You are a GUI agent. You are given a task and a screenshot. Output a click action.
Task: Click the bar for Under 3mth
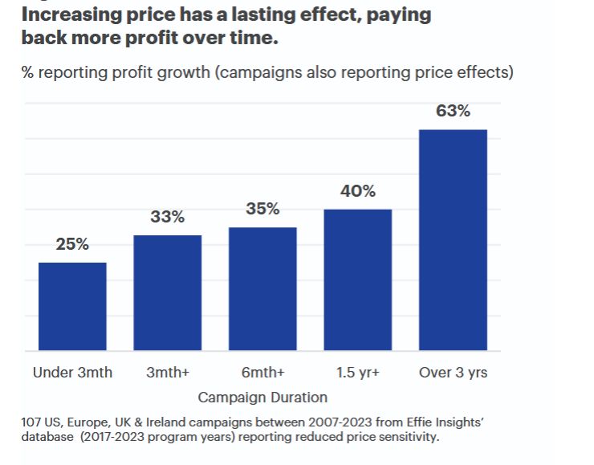[72, 306]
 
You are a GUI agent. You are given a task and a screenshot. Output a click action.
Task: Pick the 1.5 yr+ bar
[358, 279]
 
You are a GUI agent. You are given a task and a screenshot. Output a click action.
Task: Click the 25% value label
[72, 245]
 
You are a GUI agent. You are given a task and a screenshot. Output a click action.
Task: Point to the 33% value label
[167, 217]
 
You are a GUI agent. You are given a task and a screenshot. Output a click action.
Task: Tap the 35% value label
[262, 209]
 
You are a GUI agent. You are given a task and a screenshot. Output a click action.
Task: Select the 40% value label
[358, 191]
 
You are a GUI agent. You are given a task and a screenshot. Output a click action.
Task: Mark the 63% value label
[453, 112]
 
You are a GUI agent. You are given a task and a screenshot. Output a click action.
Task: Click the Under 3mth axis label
[72, 373]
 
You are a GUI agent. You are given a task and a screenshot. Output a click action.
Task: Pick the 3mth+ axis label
[167, 373]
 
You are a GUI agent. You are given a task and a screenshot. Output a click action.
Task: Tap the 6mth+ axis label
[262, 373]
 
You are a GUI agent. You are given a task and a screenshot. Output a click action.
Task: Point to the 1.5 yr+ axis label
[358, 373]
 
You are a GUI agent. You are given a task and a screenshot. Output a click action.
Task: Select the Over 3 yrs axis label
[453, 373]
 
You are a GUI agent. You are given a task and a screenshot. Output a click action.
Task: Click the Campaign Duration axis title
[262, 398]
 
